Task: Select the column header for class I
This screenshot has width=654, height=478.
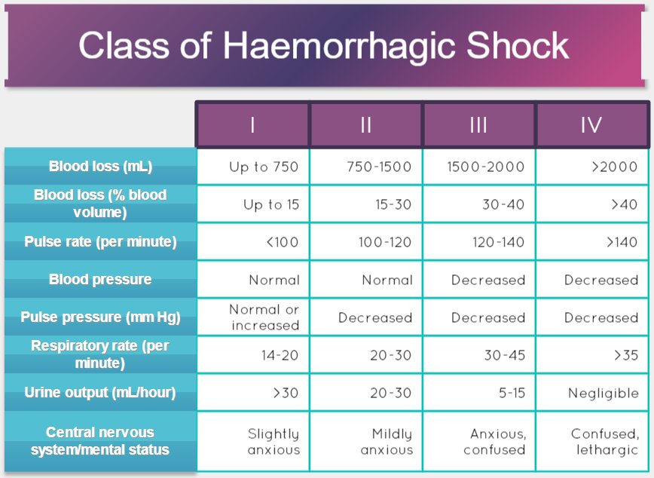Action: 252,125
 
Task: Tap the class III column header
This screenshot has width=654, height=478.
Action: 478,125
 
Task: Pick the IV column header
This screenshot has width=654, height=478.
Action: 591,125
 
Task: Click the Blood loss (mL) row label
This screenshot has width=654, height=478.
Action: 100,167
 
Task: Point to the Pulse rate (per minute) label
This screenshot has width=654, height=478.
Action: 100,242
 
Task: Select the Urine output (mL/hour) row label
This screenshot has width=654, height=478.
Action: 100,393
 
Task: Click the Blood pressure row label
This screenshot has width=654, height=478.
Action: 100,280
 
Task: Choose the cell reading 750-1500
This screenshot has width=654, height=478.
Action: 379,167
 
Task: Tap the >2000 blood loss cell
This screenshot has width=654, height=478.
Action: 614,167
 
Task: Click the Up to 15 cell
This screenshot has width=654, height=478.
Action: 270,204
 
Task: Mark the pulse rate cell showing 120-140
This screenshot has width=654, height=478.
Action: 494,242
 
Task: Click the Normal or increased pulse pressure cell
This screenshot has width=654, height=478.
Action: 264,317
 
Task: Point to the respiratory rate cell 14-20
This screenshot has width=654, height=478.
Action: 280,355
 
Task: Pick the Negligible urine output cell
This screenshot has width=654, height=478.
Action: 603,393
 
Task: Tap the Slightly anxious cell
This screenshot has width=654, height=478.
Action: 274,442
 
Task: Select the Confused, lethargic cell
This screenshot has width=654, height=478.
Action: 604,442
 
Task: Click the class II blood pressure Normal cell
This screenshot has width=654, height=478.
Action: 387,280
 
